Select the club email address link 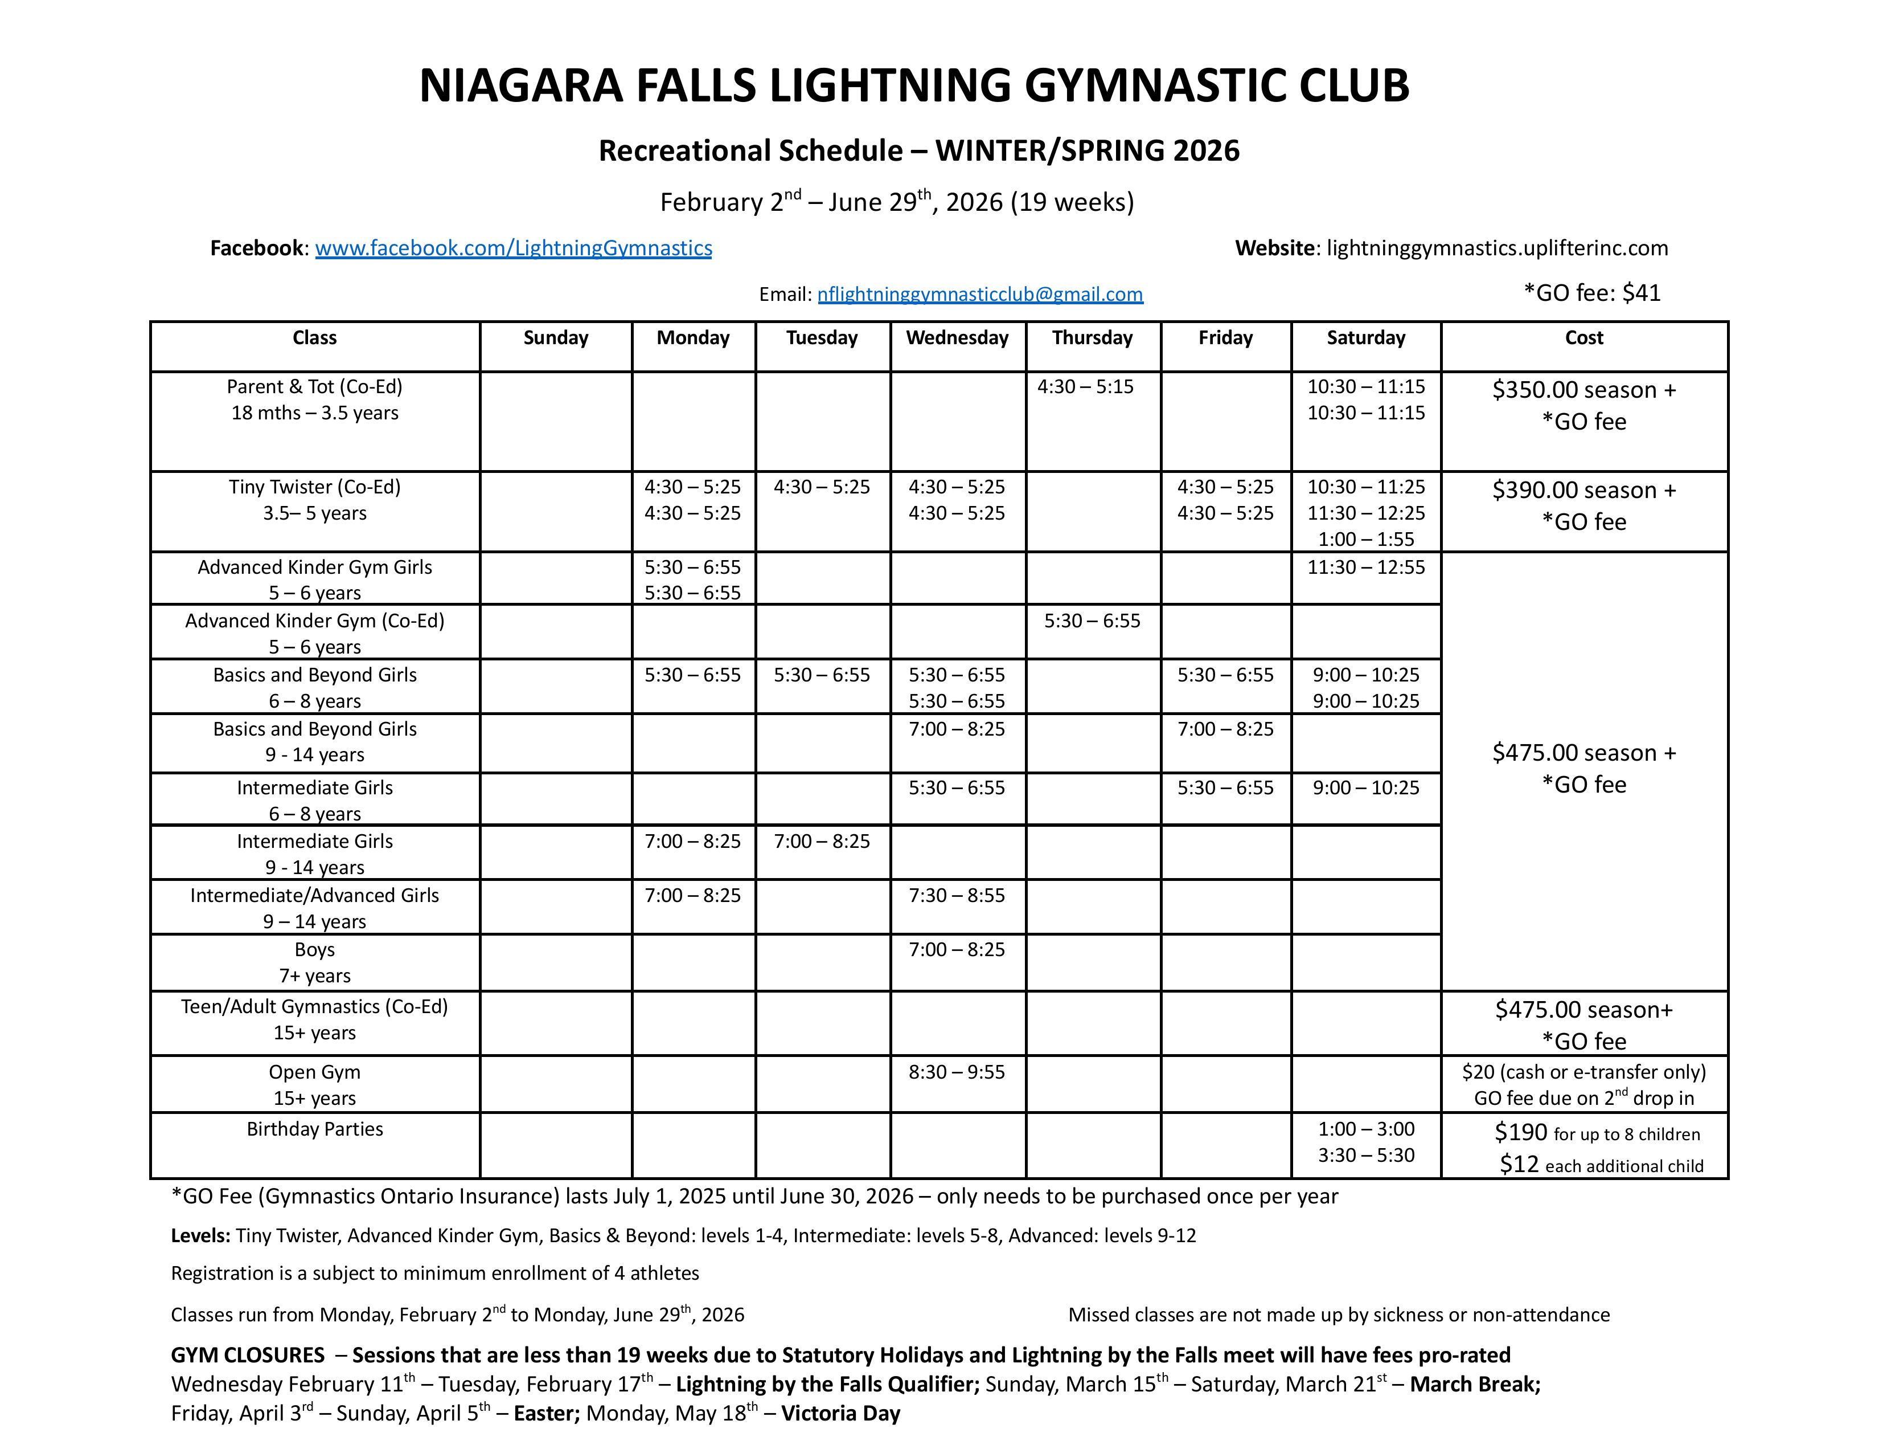pyautogui.click(x=980, y=295)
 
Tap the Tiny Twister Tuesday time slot pyautogui.click(x=822, y=487)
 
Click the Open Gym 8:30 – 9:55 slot pyautogui.click(x=957, y=1072)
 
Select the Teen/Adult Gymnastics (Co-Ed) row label pyautogui.click(x=315, y=1007)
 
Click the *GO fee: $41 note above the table pyautogui.click(x=1591, y=293)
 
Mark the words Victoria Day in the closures pyautogui.click(x=840, y=1414)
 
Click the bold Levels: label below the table pyautogui.click(x=200, y=1236)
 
